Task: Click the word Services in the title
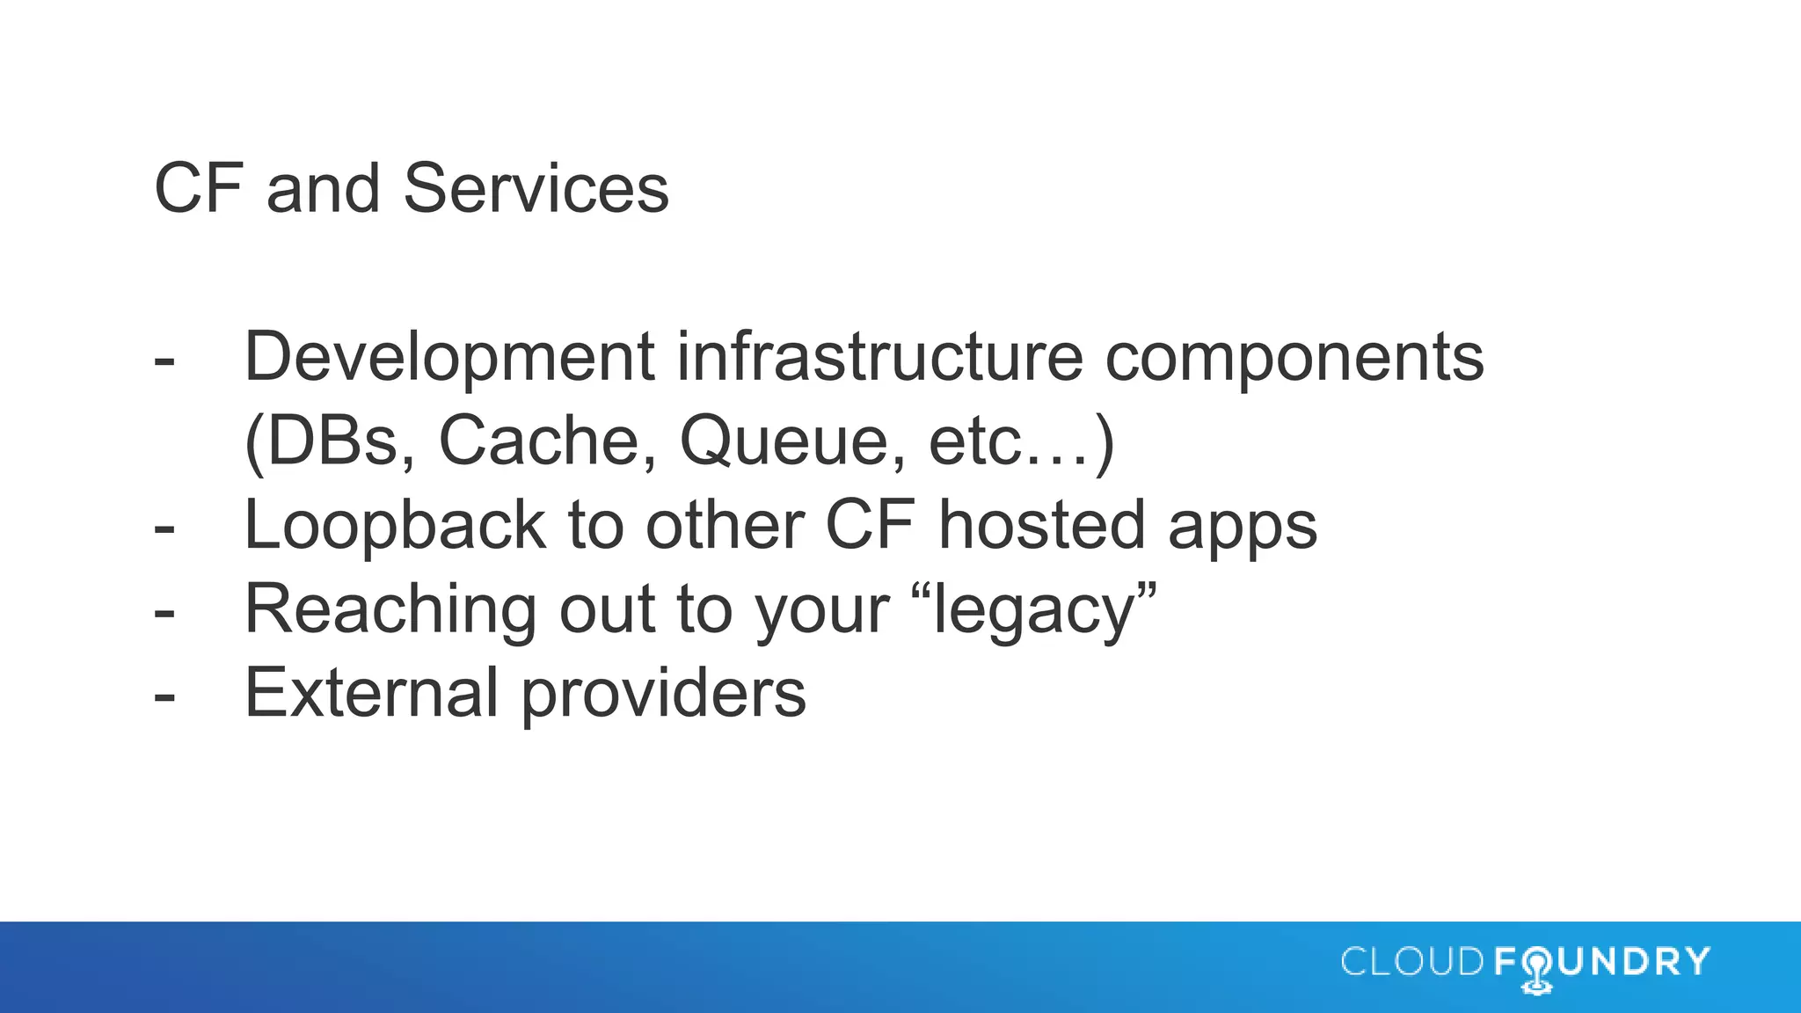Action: (536, 188)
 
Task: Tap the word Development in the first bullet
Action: (449, 357)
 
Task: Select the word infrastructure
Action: (879, 357)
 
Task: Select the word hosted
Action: (1042, 525)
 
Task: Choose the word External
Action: (372, 693)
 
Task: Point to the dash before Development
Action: (164, 361)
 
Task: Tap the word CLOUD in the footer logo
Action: (1412, 962)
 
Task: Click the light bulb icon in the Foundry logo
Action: (1536, 970)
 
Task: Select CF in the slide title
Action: (199, 188)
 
